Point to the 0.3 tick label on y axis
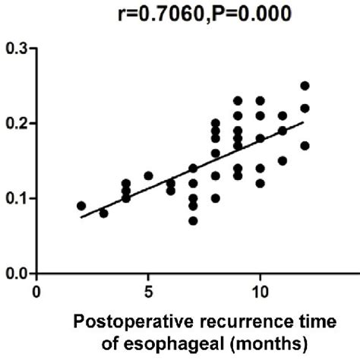click(16, 48)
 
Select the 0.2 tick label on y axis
click(16, 123)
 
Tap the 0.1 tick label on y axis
click(16, 198)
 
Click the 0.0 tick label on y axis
click(16, 273)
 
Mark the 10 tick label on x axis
click(260, 291)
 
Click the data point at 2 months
click(81, 206)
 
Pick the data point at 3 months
click(103, 213)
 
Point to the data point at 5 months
click(148, 176)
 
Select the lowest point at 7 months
click(193, 221)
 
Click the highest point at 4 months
click(126, 184)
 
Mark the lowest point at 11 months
click(283, 161)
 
